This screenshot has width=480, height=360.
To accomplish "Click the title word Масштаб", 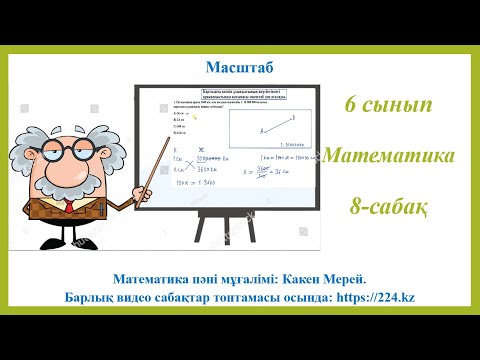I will pyautogui.click(x=238, y=67).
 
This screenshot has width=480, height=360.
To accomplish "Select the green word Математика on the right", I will pyautogui.click(x=389, y=156).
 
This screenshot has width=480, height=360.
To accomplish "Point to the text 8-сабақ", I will pyautogui.click(x=389, y=205).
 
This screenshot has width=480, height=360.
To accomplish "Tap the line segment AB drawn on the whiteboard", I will pyautogui.click(x=275, y=126).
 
